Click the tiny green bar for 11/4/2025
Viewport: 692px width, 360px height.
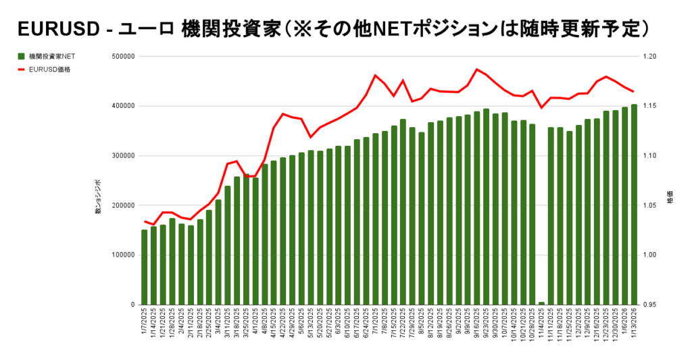point(541,303)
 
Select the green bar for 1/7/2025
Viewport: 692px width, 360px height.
point(144,267)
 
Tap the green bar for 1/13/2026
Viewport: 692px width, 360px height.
point(634,205)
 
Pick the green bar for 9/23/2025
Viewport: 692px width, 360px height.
point(486,207)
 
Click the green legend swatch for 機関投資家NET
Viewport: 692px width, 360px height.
point(22,57)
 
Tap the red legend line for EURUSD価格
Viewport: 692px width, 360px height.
point(22,69)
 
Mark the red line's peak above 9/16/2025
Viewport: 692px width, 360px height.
point(476,69)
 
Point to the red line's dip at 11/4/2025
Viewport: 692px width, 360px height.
point(541,107)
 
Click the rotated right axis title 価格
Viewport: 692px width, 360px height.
point(670,201)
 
